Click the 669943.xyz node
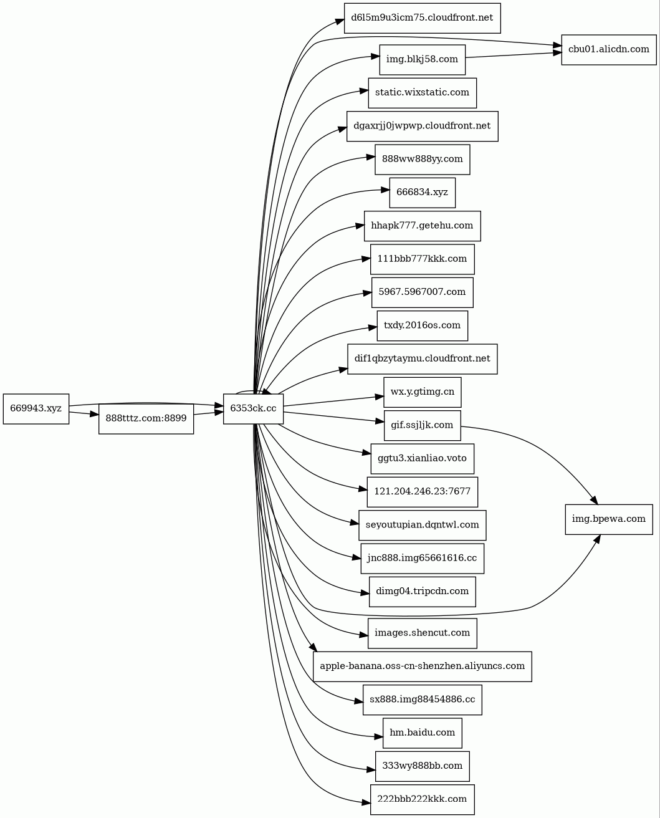[x=36, y=408]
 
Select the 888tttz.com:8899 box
[x=146, y=418]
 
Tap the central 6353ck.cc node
[x=254, y=408]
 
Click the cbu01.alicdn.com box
[x=608, y=49]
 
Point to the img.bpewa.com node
[x=609, y=519]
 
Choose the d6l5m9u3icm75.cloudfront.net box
[x=422, y=17]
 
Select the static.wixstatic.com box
[x=422, y=92]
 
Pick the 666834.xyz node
[x=422, y=192]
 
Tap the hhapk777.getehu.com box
[x=422, y=225]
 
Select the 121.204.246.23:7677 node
[x=422, y=491]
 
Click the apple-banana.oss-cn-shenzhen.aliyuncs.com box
[x=422, y=666]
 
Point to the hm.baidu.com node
[x=422, y=732]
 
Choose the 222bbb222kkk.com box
[x=422, y=799]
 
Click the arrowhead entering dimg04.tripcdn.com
[x=364, y=591]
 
